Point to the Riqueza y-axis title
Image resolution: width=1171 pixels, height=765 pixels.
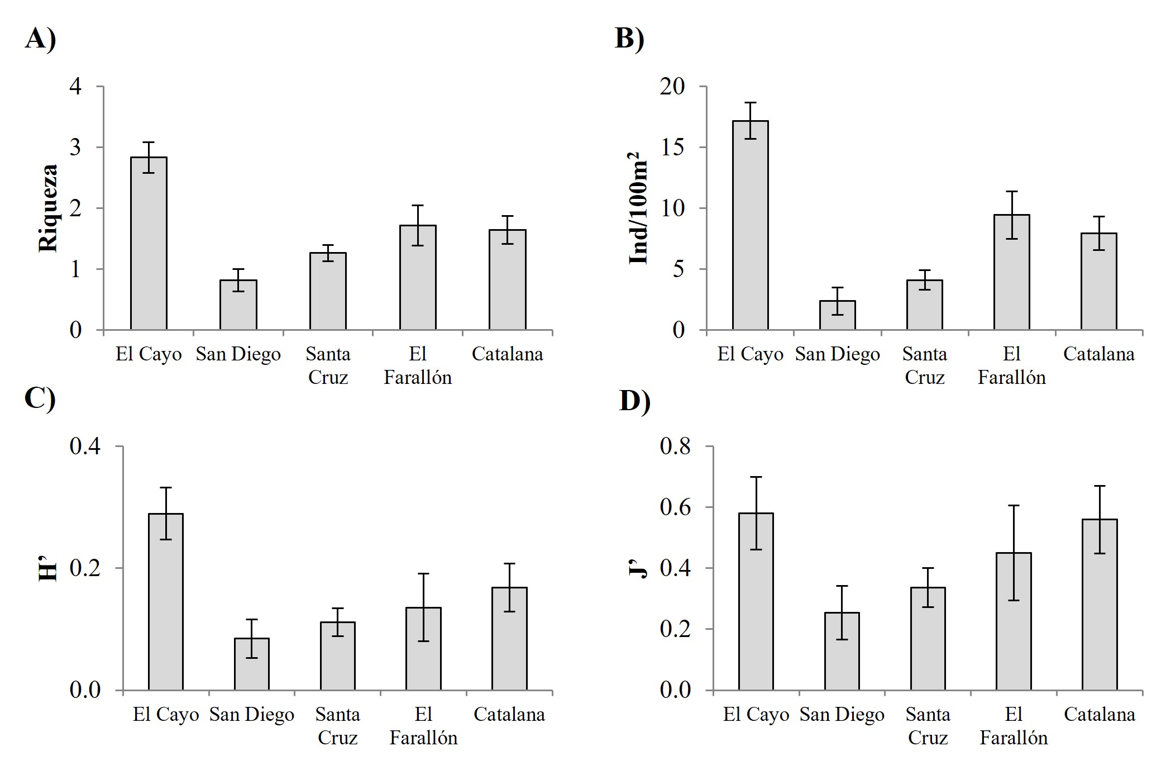(x=49, y=208)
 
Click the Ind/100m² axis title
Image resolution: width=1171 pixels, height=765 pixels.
(x=638, y=208)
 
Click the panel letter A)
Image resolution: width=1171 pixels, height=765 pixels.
(x=40, y=39)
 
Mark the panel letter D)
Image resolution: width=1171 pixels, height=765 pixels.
(x=634, y=400)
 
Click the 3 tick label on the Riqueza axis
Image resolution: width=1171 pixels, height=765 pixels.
(x=75, y=148)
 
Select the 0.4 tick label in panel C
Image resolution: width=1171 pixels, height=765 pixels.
(x=85, y=446)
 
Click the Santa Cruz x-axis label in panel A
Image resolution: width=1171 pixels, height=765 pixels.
(x=328, y=365)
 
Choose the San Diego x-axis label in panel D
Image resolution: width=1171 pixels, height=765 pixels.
(x=842, y=715)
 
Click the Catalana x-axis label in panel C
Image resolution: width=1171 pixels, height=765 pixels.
(x=509, y=715)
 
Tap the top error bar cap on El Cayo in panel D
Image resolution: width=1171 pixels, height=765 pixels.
(x=756, y=477)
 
